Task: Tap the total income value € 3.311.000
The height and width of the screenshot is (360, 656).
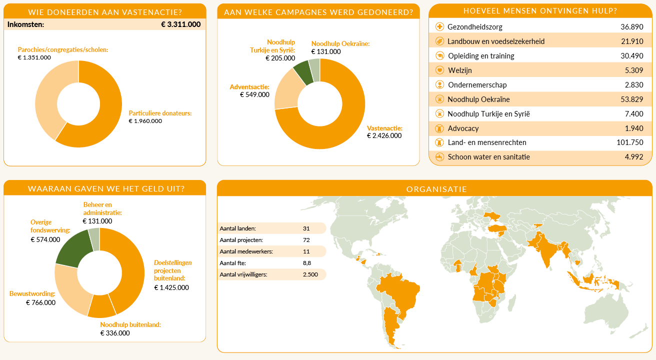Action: click(x=181, y=24)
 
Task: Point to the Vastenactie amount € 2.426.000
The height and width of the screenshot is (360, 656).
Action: click(x=384, y=135)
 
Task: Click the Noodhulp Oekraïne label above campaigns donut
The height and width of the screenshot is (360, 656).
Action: click(x=340, y=43)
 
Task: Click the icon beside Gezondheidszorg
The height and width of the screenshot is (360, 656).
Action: click(x=440, y=27)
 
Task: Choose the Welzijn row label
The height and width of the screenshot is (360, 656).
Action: click(x=459, y=70)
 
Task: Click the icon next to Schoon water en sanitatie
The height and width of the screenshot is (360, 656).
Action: click(x=440, y=157)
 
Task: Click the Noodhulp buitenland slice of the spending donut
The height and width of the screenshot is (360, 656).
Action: click(x=101, y=306)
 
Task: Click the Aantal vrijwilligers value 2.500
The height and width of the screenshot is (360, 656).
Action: click(x=310, y=274)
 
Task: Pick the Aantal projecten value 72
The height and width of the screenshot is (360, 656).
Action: click(x=306, y=240)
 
